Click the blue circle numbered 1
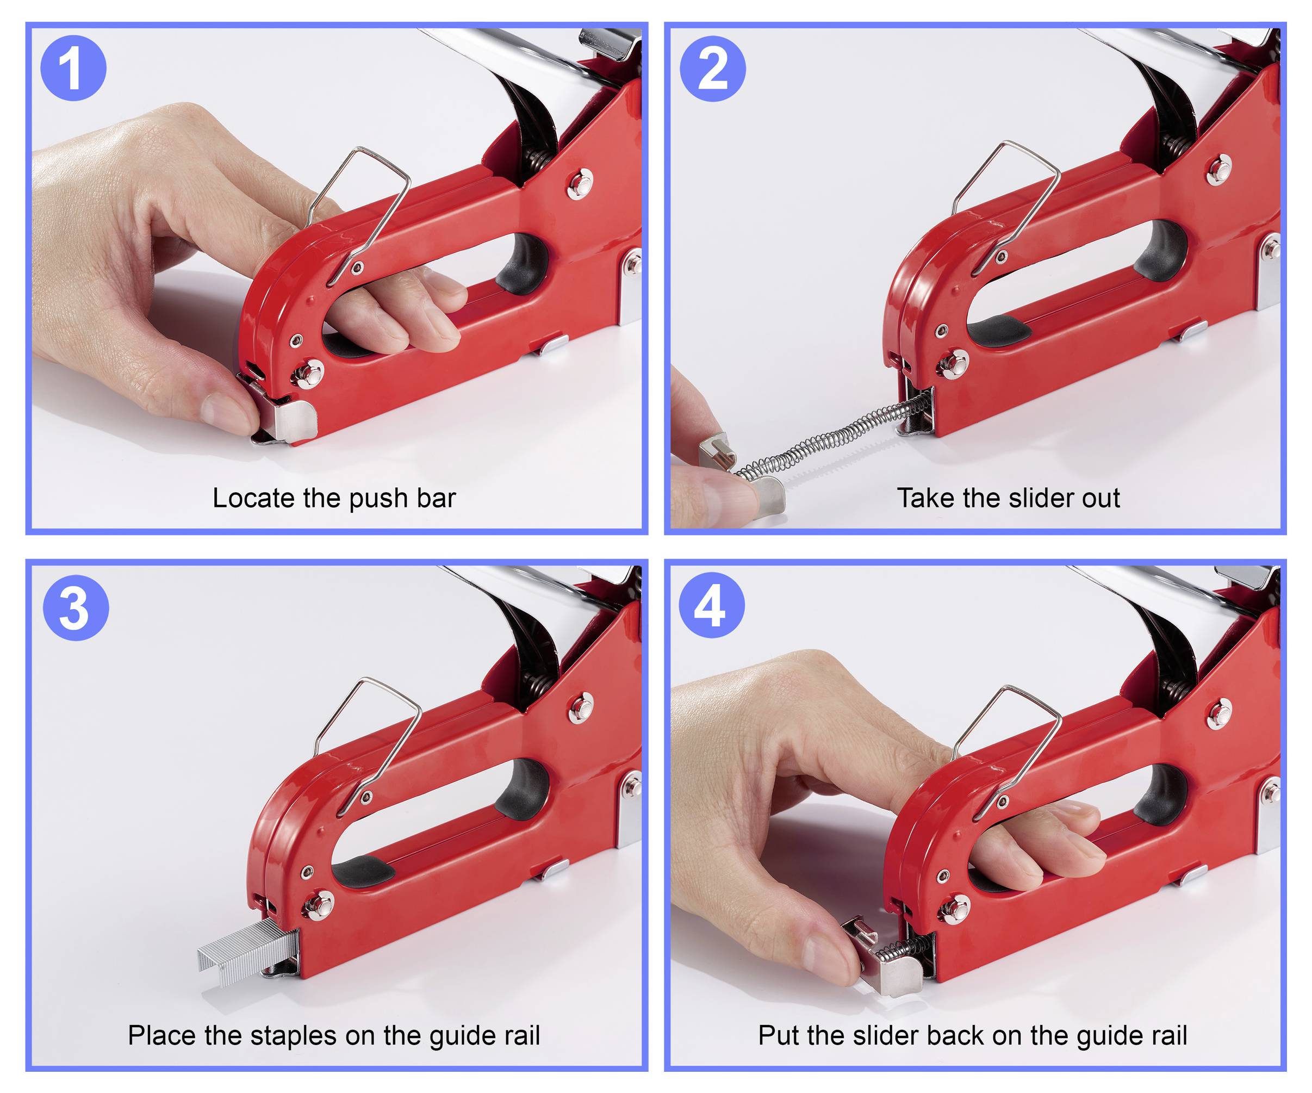pos(73,68)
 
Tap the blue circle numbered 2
pos(712,68)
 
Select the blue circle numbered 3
pos(76,607)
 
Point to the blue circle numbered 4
pos(712,605)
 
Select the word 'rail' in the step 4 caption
pos(1169,1036)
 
